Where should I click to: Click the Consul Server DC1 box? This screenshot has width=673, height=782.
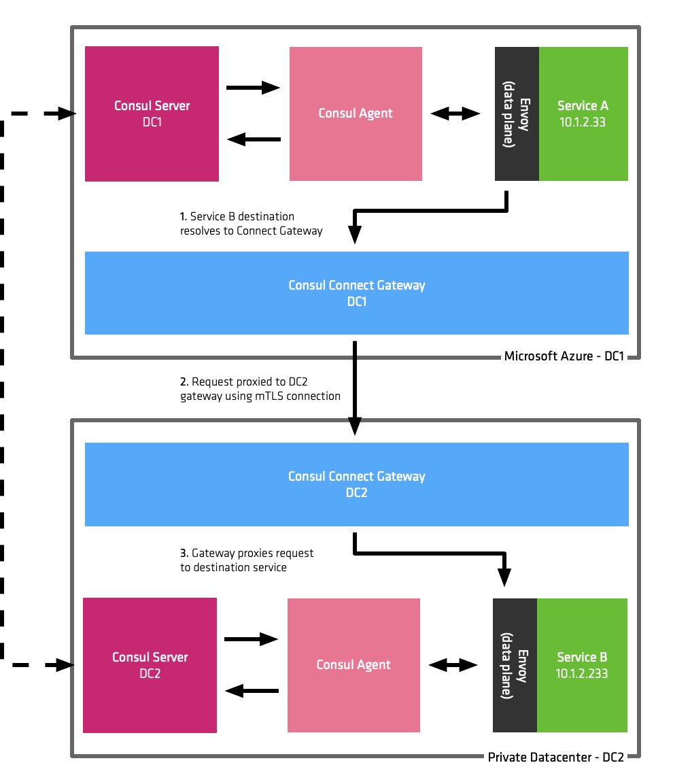[x=152, y=114]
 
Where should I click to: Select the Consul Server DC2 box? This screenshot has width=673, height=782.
[x=150, y=665]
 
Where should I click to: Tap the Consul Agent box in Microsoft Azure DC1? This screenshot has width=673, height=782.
[x=356, y=114]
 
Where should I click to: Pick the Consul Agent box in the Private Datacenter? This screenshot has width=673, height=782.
[x=354, y=665]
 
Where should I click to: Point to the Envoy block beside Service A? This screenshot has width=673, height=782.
[x=517, y=114]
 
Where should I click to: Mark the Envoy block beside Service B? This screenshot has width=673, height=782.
[x=515, y=665]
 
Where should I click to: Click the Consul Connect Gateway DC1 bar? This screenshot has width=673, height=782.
[x=356, y=293]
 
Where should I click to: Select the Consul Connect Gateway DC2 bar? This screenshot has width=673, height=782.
[x=356, y=484]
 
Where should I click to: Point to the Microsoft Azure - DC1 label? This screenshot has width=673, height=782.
[x=568, y=356]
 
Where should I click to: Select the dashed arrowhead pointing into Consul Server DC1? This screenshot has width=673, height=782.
[x=67, y=114]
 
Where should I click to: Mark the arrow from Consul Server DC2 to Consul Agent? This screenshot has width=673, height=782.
[x=252, y=639]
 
